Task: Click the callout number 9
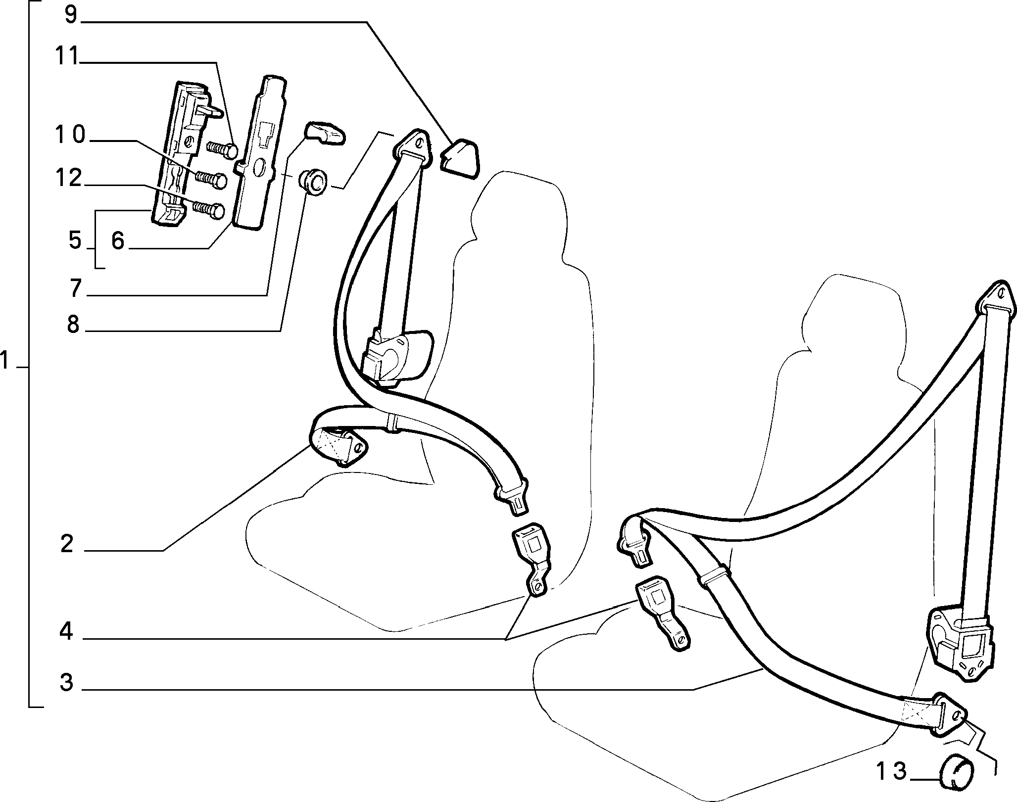(x=71, y=15)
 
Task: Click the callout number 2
(x=67, y=544)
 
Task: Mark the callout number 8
(x=73, y=325)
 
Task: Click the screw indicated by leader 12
(x=208, y=210)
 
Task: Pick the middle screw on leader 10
(x=212, y=178)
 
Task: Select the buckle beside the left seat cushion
(x=533, y=558)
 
